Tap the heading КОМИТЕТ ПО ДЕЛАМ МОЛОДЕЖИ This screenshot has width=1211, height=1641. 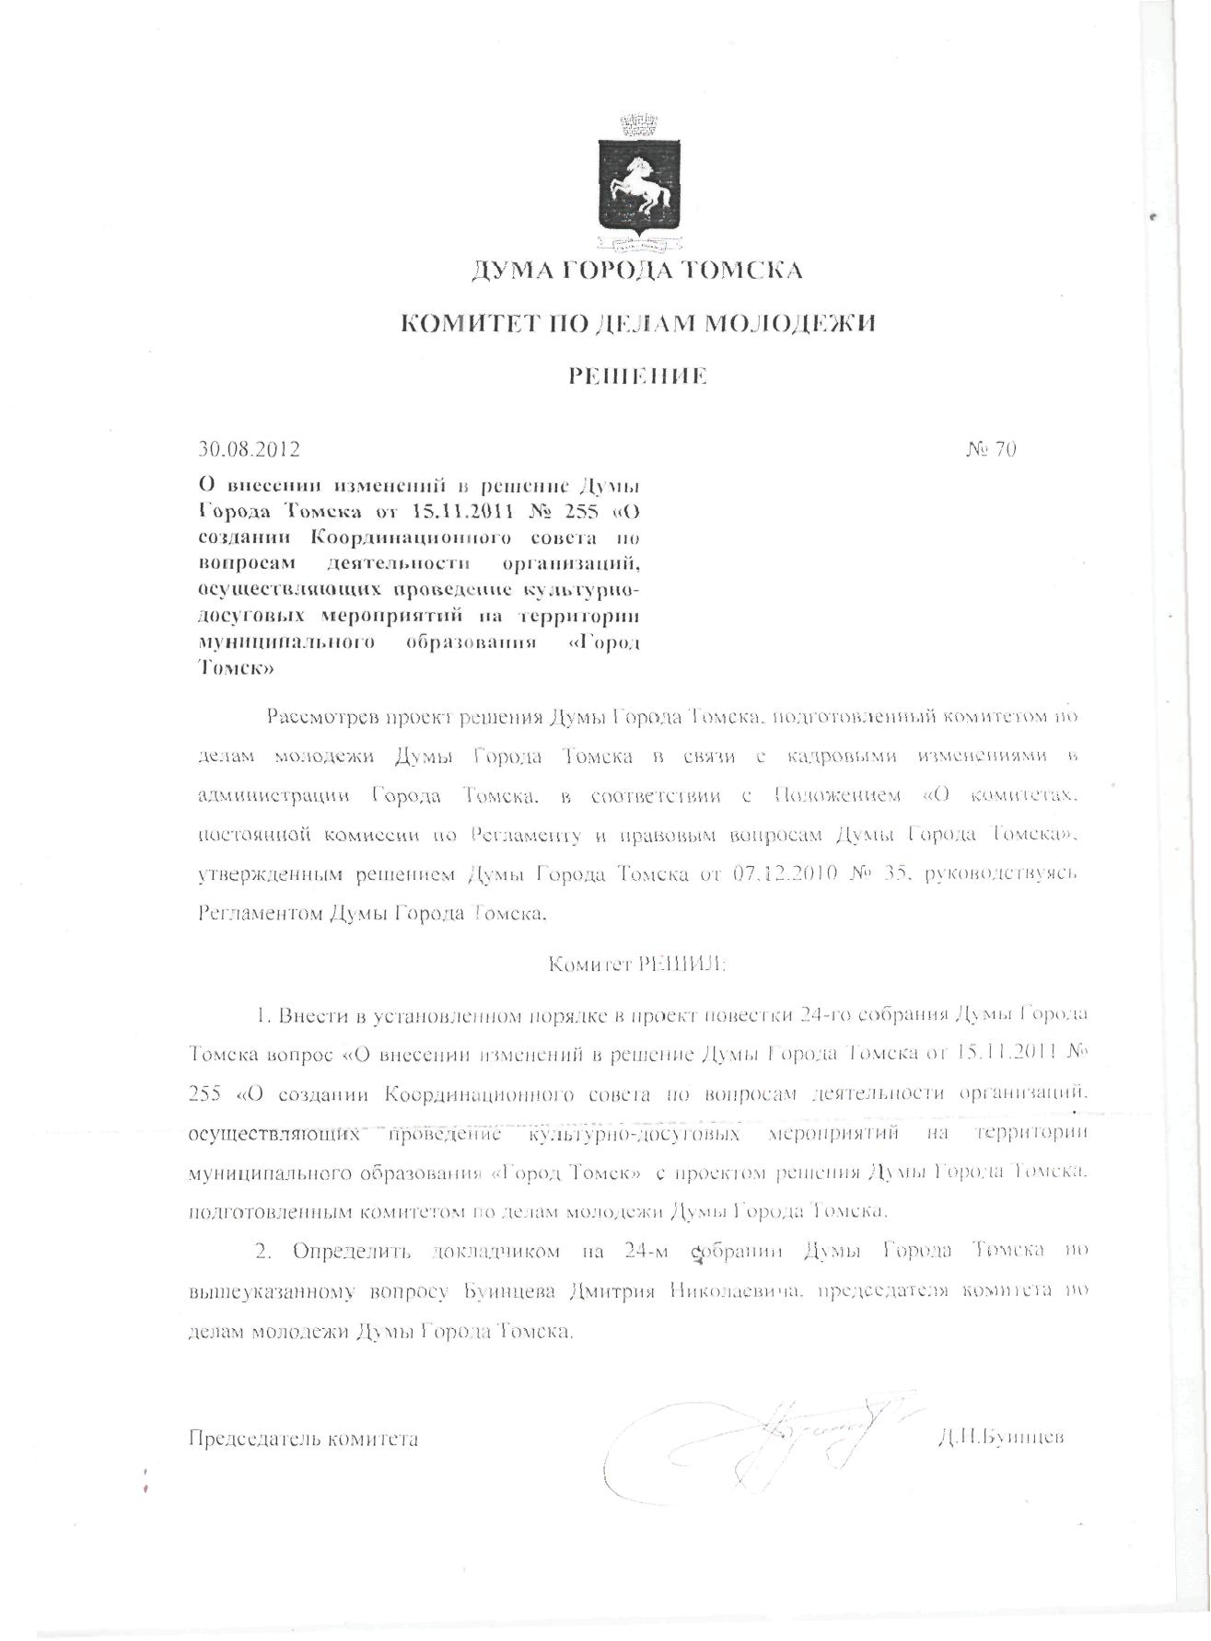click(x=635, y=324)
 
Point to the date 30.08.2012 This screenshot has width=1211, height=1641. click(x=249, y=450)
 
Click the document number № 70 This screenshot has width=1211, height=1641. click(x=991, y=450)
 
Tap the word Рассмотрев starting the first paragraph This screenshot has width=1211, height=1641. click(x=320, y=717)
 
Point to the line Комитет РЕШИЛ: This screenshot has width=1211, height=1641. click(x=636, y=965)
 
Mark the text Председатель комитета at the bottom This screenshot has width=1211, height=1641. click(x=303, y=1438)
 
